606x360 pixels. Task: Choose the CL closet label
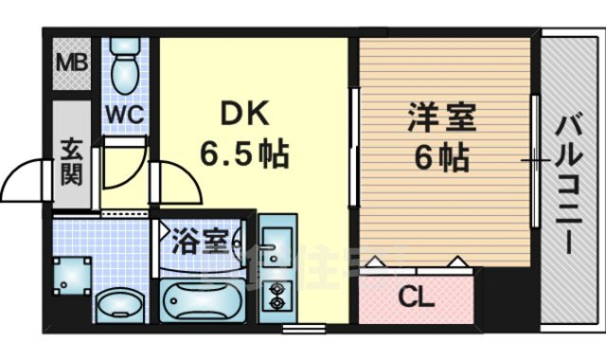click(416, 297)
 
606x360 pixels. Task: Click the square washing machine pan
click(71, 276)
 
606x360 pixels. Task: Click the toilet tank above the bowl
click(121, 46)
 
